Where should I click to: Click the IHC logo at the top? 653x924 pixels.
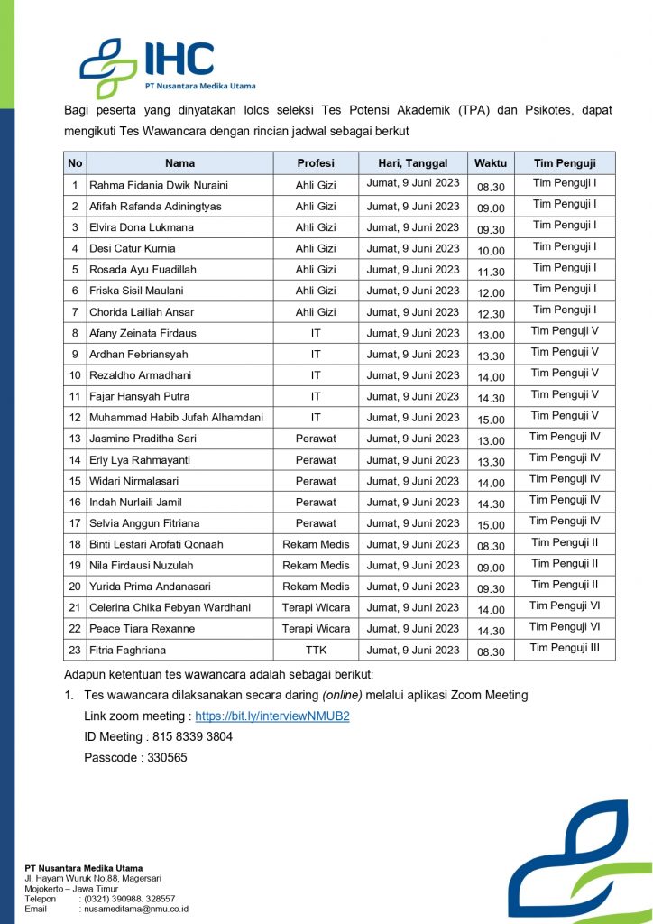click(x=167, y=66)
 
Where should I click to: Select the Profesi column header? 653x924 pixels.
click(x=316, y=163)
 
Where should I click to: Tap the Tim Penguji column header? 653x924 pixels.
click(x=565, y=163)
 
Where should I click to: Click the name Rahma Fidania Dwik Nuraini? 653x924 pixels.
click(x=158, y=185)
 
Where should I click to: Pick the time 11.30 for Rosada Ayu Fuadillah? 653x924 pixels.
click(x=491, y=271)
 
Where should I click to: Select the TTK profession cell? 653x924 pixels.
click(x=316, y=650)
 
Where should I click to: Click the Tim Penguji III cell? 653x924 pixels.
click(x=565, y=647)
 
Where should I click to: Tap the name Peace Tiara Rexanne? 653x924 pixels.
click(x=142, y=628)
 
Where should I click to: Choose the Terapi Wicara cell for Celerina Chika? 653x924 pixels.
click(x=316, y=607)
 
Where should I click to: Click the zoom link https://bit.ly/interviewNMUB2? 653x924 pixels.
click(x=271, y=716)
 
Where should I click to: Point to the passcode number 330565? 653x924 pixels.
click(x=164, y=757)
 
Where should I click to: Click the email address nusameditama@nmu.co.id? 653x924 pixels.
click(x=136, y=909)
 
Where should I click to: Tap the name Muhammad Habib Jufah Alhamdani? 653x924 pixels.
click(x=176, y=417)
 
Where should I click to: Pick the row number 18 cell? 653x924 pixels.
click(x=75, y=544)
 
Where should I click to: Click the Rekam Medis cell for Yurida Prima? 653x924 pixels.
click(x=316, y=587)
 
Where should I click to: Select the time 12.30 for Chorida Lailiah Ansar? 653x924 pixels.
click(x=491, y=313)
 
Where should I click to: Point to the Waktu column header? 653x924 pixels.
click(x=491, y=163)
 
